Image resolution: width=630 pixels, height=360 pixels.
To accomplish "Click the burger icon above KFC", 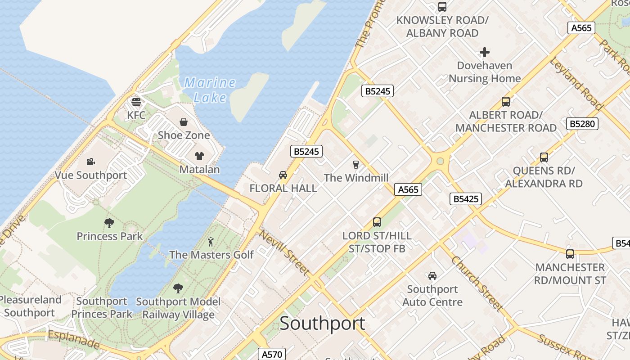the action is [136, 102].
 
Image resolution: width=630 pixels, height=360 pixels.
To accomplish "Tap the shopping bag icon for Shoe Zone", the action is [184, 122].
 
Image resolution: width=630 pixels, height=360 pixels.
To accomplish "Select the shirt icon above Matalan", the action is [199, 156].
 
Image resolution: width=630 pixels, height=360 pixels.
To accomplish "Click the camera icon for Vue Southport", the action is [90, 162].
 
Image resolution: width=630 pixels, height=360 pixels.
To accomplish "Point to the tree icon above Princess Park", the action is [109, 223].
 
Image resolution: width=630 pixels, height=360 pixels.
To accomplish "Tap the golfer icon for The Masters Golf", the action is [211, 242].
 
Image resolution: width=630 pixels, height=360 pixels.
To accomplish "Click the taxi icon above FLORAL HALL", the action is [283, 175].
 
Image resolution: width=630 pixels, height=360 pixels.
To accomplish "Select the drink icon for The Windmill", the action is [356, 164].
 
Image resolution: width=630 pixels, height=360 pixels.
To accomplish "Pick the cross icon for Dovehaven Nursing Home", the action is [484, 53].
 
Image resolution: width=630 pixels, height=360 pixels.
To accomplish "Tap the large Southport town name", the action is [322, 324].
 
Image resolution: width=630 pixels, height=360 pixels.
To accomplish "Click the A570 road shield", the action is [272, 354].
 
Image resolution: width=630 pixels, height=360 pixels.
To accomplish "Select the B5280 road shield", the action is [582, 123].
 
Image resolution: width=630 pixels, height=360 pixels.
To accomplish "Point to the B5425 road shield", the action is [465, 199].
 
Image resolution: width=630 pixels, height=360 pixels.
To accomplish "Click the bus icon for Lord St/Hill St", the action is [377, 222].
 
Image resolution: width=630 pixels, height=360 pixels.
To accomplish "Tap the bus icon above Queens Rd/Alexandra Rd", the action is [544, 157].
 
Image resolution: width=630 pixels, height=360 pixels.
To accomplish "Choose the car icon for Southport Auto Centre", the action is [432, 276].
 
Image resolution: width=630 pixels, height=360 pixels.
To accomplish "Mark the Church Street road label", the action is [477, 283].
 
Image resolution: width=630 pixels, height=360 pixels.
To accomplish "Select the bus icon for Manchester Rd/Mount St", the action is [570, 254].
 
